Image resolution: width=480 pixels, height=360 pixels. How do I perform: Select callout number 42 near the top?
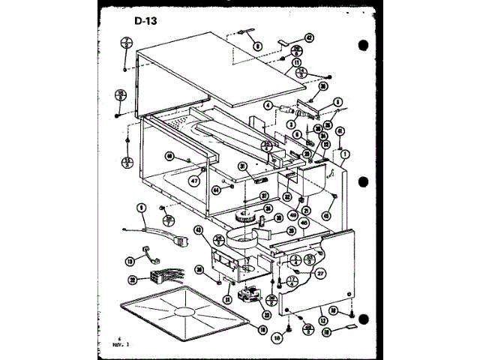click(x=309, y=37)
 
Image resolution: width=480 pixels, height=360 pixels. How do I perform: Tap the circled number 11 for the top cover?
click(x=298, y=62)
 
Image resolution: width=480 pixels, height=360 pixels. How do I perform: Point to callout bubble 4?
click(x=267, y=106)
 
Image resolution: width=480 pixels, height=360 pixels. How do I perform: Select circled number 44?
click(x=215, y=190)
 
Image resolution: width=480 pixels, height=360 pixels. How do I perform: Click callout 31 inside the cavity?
click(x=243, y=166)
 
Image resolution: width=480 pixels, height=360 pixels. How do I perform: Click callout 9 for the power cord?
click(x=140, y=207)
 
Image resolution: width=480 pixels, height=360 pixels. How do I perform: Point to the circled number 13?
click(x=130, y=261)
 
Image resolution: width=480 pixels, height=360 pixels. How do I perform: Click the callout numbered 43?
click(x=198, y=230)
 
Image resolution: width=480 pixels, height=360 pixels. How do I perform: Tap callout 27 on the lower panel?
click(x=320, y=274)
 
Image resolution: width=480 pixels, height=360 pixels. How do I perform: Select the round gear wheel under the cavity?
click(x=244, y=217)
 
